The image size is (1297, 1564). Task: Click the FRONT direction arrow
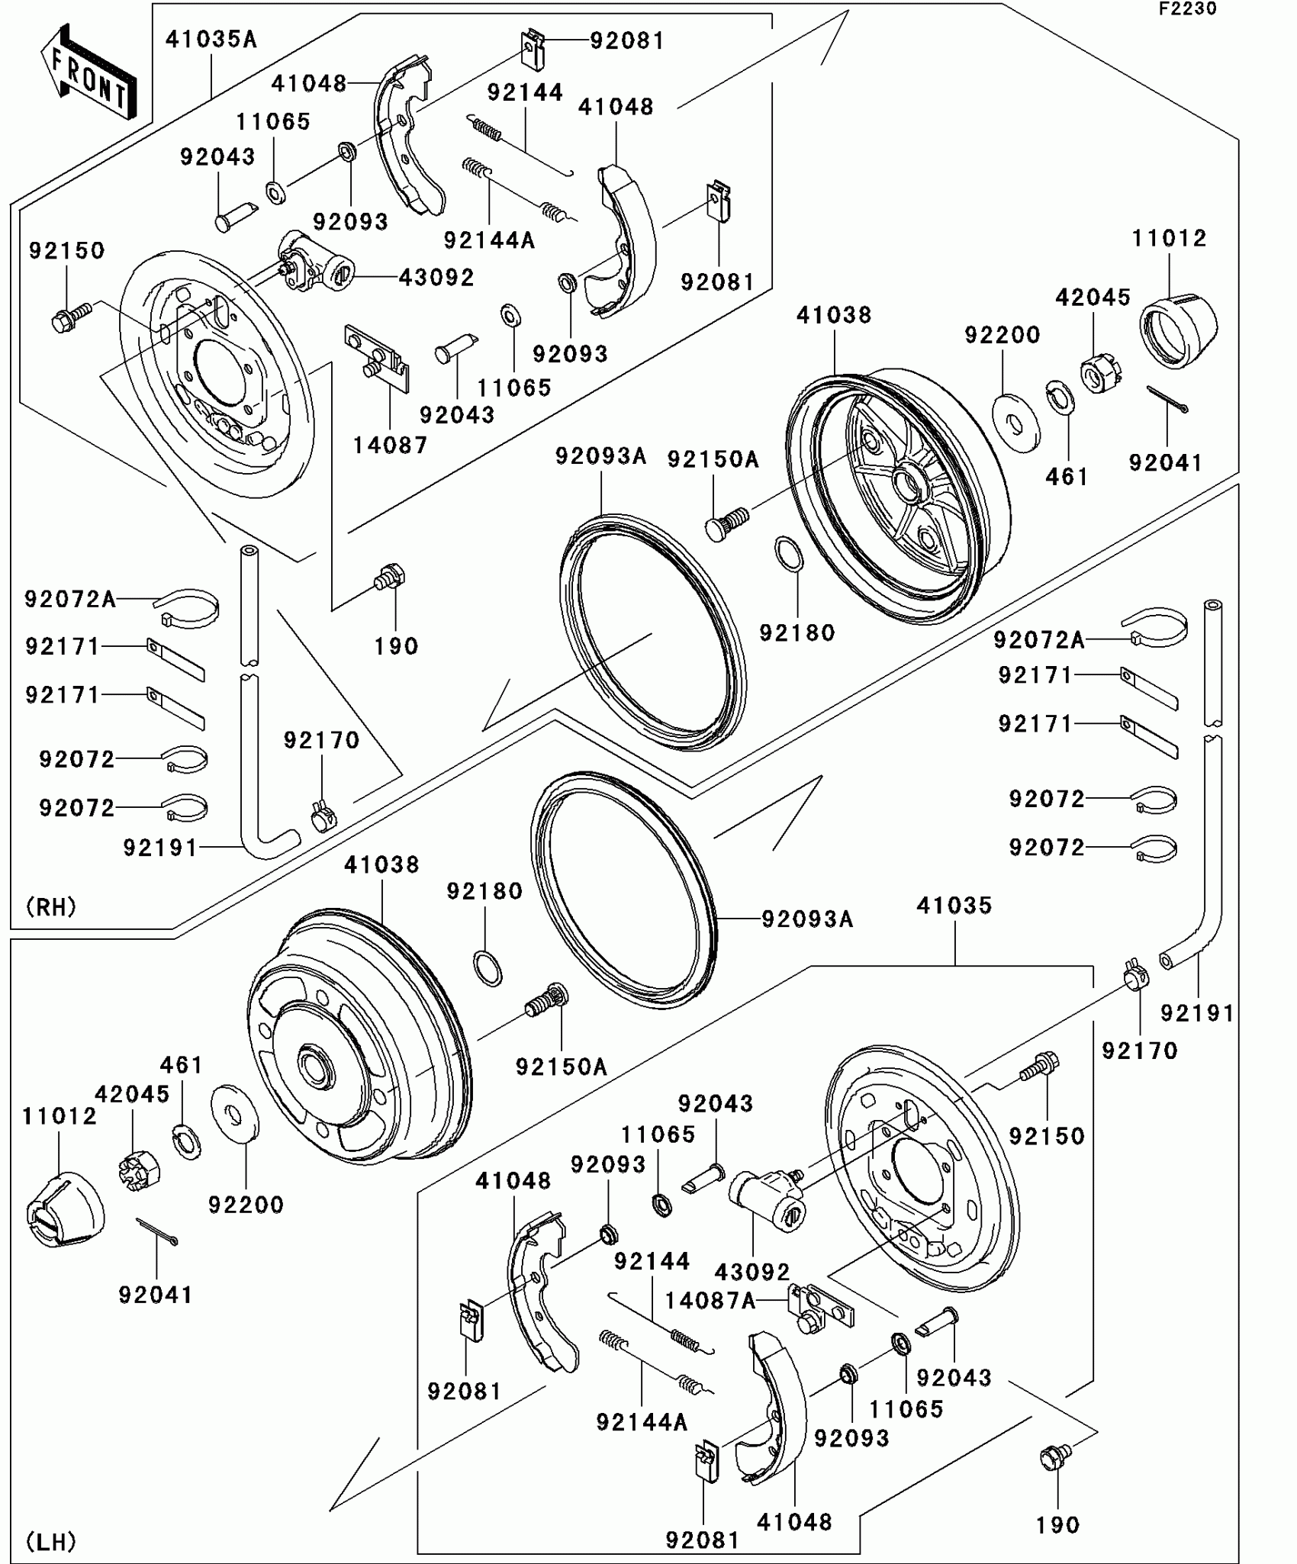pos(89,72)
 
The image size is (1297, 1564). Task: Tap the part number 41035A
pos(211,40)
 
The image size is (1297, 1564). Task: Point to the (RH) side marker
pos(51,907)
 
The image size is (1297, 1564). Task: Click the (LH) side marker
pos(51,1542)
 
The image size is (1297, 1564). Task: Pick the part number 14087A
pos(710,1300)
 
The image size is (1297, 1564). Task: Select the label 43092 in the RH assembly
pos(436,277)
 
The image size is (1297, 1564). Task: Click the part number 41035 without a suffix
pos(954,906)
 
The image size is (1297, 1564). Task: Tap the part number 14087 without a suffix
pos(390,445)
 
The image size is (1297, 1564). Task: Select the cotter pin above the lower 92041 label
pos(157,1231)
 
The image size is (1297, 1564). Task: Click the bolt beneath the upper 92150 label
pos(71,316)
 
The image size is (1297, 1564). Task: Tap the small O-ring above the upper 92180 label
pos(789,553)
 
